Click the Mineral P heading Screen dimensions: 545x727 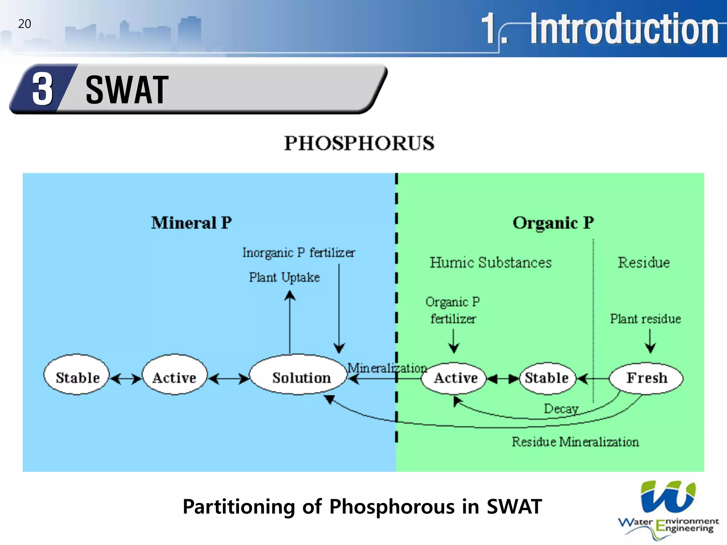(x=191, y=223)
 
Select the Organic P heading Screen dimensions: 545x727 (x=553, y=223)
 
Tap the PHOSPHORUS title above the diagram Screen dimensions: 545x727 (x=359, y=143)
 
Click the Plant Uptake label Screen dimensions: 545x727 (x=284, y=277)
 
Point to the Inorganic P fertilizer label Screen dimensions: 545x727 (x=299, y=253)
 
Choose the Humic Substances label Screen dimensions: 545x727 (x=491, y=263)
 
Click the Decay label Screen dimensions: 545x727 (x=561, y=408)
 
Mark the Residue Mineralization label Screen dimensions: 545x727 (x=575, y=442)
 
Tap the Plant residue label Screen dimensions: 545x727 (x=645, y=319)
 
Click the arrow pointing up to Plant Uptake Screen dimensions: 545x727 (x=290, y=319)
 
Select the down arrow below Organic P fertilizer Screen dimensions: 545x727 (x=454, y=341)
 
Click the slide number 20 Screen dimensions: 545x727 (x=24, y=24)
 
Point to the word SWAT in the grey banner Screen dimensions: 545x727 (x=127, y=90)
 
